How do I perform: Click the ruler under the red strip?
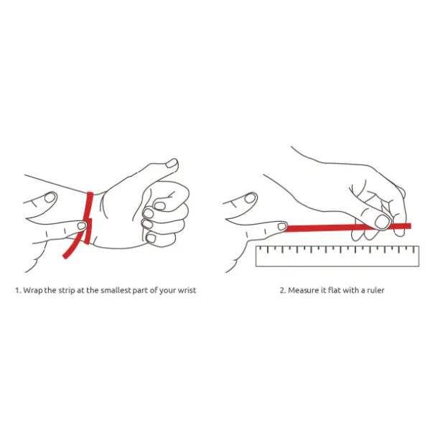click(x=337, y=256)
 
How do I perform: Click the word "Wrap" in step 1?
click(x=33, y=291)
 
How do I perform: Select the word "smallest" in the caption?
click(x=116, y=290)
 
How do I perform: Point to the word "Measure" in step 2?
click(x=302, y=290)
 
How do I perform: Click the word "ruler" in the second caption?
click(x=376, y=290)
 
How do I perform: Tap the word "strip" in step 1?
click(x=67, y=291)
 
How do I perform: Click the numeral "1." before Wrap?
click(x=18, y=291)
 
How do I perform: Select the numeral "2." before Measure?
click(x=283, y=290)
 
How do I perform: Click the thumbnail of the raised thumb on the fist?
click(x=172, y=163)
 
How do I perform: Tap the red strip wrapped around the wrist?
click(x=88, y=218)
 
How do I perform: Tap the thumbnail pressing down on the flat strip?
click(x=382, y=222)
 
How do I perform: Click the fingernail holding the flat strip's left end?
click(x=282, y=226)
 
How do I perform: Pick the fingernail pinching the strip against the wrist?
click(x=82, y=225)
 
